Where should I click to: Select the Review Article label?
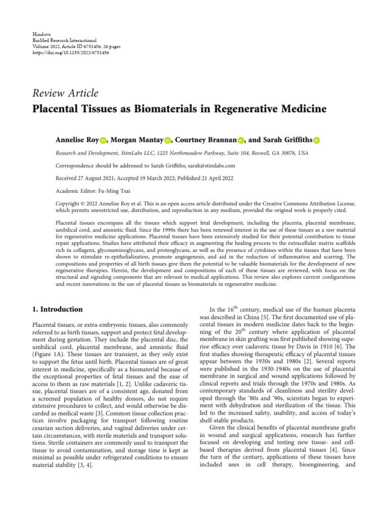point(65,93)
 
